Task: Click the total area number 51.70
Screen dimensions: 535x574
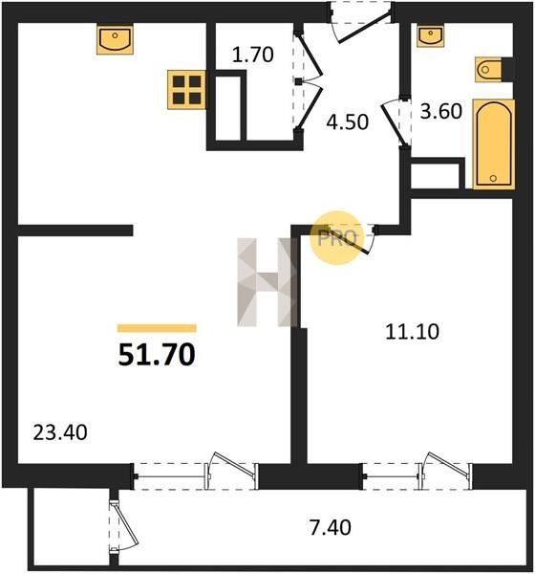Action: pos(157,355)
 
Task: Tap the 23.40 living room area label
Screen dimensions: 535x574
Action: pos(60,432)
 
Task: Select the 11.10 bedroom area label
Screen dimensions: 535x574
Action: pos(412,332)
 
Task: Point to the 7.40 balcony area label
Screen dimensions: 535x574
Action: pos(331,527)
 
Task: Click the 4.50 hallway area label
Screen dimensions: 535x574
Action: pos(347,122)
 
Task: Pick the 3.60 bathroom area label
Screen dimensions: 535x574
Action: pos(441,111)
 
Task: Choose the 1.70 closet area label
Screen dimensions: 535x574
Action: pos(252,55)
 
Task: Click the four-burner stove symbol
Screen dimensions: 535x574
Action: pos(186,90)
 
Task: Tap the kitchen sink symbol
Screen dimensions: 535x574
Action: pos(115,39)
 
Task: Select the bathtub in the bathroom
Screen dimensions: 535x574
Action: pos(494,144)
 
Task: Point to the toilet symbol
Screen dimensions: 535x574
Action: pos(490,69)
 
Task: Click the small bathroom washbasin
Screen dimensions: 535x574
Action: pos(431,36)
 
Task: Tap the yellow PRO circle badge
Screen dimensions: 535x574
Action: pos(337,238)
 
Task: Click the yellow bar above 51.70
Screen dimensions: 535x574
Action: pos(157,328)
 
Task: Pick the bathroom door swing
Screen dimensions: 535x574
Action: pos(394,122)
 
